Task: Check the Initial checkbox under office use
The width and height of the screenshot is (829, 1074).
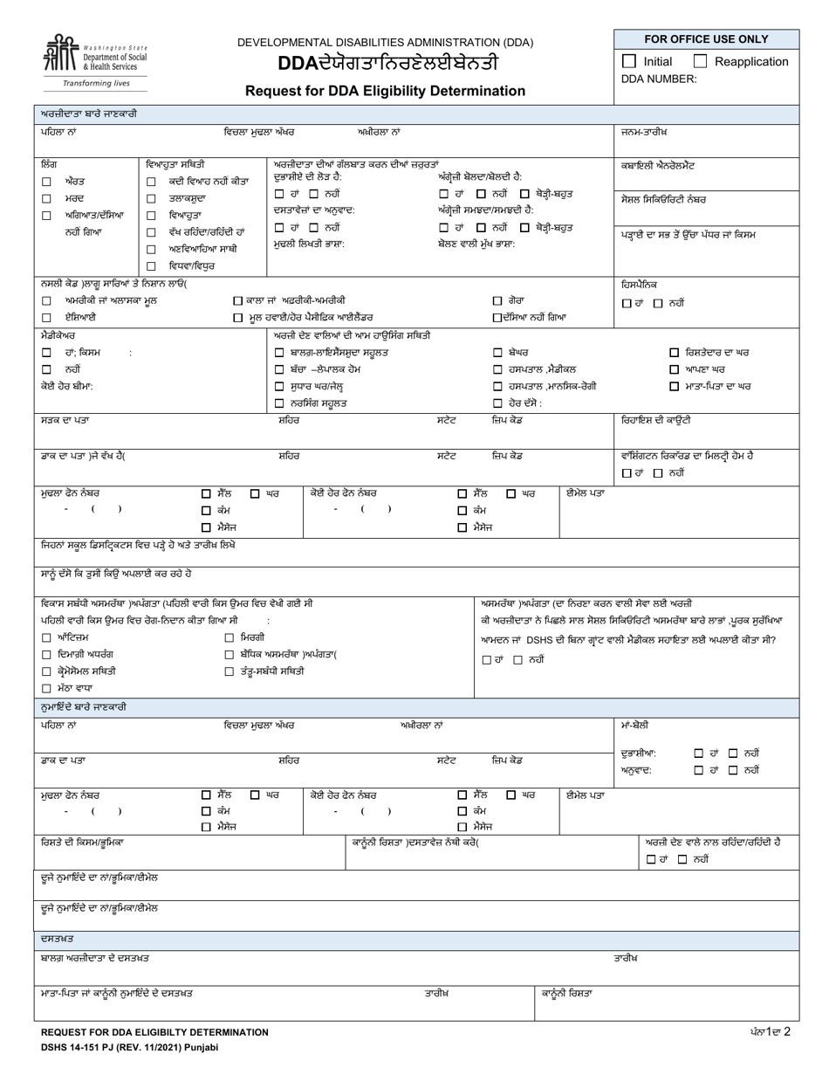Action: click(629, 61)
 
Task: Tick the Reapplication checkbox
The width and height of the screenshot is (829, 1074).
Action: click(700, 61)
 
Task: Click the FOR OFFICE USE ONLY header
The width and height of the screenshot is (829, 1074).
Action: click(706, 39)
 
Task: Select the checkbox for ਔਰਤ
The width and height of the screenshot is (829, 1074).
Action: click(46, 182)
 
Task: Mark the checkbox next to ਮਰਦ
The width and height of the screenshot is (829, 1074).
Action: click(46, 198)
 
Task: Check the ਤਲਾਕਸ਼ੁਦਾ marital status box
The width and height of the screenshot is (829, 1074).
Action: click(151, 198)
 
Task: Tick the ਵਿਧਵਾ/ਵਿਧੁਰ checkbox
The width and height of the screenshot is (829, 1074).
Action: click(151, 265)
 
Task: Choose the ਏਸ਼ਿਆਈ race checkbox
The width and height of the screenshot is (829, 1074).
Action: click(46, 317)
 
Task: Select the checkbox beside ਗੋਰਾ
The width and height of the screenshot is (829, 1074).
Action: click(497, 300)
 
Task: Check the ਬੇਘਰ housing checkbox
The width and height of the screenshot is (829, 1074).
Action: click(497, 353)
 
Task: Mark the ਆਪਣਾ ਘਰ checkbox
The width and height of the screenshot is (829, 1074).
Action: click(674, 369)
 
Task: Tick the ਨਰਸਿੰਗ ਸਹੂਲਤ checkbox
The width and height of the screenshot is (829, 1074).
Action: click(279, 403)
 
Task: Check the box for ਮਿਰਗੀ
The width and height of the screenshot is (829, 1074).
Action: click(230, 638)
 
